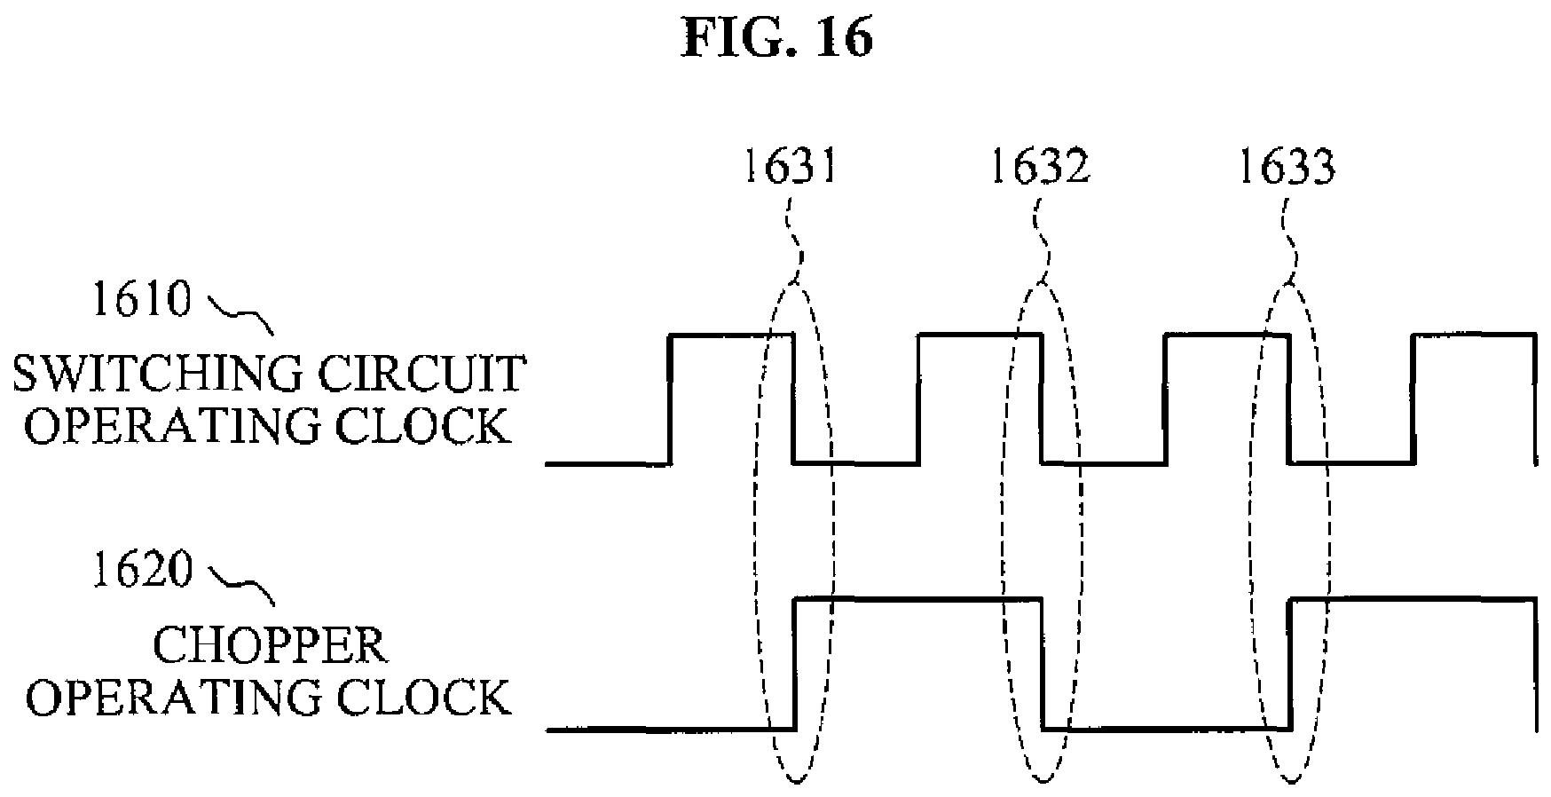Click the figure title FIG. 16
(776, 40)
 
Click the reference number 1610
(141, 299)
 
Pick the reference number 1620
(141, 571)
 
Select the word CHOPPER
(271, 646)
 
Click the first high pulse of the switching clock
(731, 335)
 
